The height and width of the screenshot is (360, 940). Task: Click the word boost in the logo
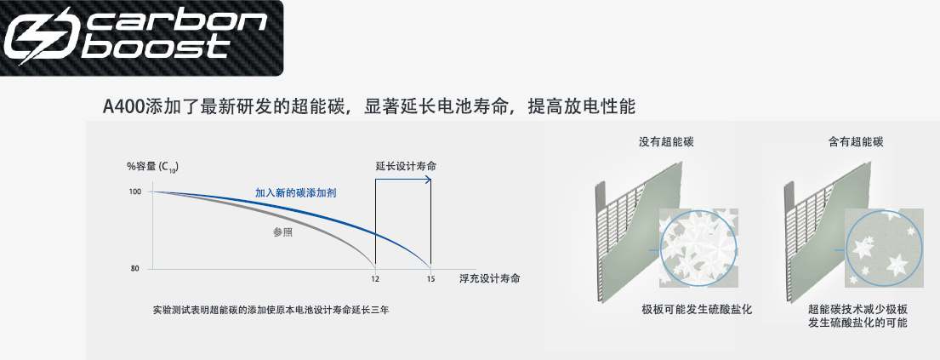pyautogui.click(x=154, y=48)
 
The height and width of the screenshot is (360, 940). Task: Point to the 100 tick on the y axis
pyautogui.click(x=134, y=191)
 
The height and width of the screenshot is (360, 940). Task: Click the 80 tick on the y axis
pyautogui.click(x=135, y=269)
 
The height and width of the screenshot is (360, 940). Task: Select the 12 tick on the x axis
pyautogui.click(x=375, y=279)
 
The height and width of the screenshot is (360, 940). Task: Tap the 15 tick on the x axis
pyautogui.click(x=430, y=279)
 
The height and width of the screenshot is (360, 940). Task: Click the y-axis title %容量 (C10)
pyautogui.click(x=153, y=167)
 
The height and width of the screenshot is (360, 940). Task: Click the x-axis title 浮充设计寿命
pyautogui.click(x=489, y=278)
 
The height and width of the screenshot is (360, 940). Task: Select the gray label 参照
pyautogui.click(x=283, y=233)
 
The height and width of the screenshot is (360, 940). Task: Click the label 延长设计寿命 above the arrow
pyautogui.click(x=406, y=166)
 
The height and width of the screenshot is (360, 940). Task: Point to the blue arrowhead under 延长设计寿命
pyautogui.click(x=428, y=178)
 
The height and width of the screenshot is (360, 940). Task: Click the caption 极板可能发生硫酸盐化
pyautogui.click(x=697, y=310)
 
